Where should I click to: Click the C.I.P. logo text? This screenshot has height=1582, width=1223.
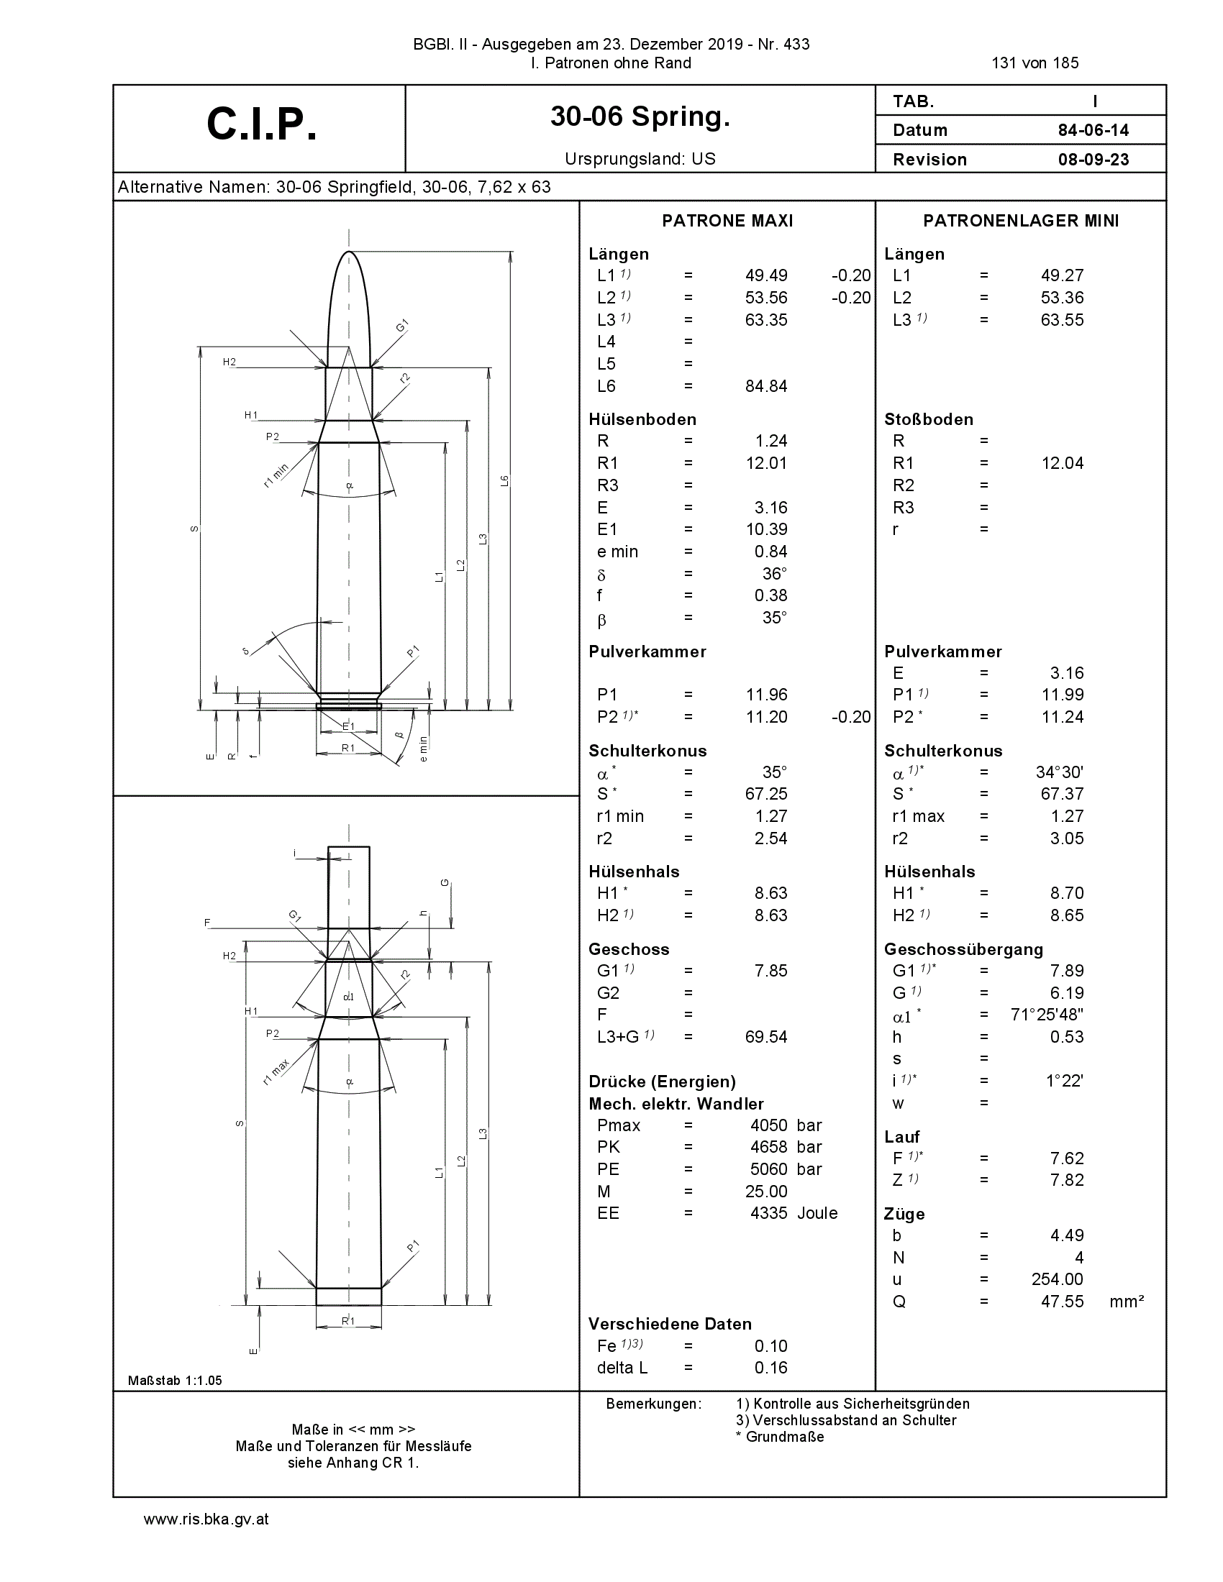pyautogui.click(x=262, y=124)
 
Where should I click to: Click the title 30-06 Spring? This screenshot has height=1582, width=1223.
pyautogui.click(x=640, y=116)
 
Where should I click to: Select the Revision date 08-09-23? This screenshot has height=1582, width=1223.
pyautogui.click(x=1094, y=160)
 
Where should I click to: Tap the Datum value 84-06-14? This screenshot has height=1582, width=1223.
pyautogui.click(x=1094, y=130)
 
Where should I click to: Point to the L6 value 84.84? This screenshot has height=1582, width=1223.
pyautogui.click(x=766, y=386)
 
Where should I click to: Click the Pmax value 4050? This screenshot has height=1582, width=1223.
pyautogui.click(x=769, y=1125)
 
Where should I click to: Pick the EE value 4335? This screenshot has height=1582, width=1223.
pyautogui.click(x=769, y=1212)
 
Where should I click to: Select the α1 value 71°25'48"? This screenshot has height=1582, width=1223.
pyautogui.click(x=1047, y=1014)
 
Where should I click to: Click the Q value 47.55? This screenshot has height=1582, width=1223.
pyautogui.click(x=1062, y=1301)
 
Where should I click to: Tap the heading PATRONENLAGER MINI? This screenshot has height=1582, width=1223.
pyautogui.click(x=1021, y=221)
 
